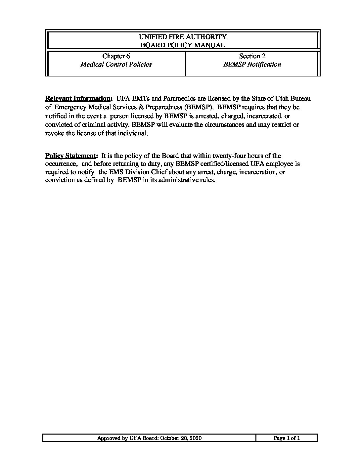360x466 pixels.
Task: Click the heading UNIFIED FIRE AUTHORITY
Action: [x=183, y=37]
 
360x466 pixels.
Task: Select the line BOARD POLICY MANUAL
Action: [x=183, y=45]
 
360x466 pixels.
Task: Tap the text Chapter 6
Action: [x=116, y=56]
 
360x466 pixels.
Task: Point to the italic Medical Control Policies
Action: [x=116, y=65]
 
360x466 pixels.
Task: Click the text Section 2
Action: [x=252, y=56]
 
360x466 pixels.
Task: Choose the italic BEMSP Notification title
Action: [x=252, y=65]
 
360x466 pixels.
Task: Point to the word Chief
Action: [x=159, y=172]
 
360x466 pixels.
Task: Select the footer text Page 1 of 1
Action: [x=287, y=438]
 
